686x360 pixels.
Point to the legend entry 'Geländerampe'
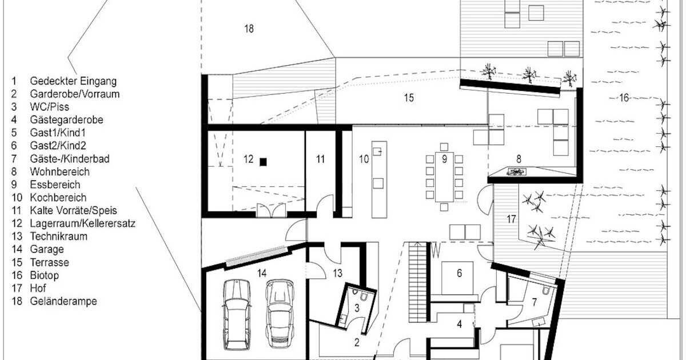pos(63,301)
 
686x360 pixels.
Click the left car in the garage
pos(237,314)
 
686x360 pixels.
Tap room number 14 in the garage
pos(262,273)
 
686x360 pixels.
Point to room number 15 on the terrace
pos(408,98)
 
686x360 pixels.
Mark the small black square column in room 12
pos(263,162)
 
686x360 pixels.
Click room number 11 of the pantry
pos(321,159)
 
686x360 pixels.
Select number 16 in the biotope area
pos(624,98)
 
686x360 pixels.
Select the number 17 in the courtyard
pos(511,218)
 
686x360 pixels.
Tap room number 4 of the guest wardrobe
pos(459,325)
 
